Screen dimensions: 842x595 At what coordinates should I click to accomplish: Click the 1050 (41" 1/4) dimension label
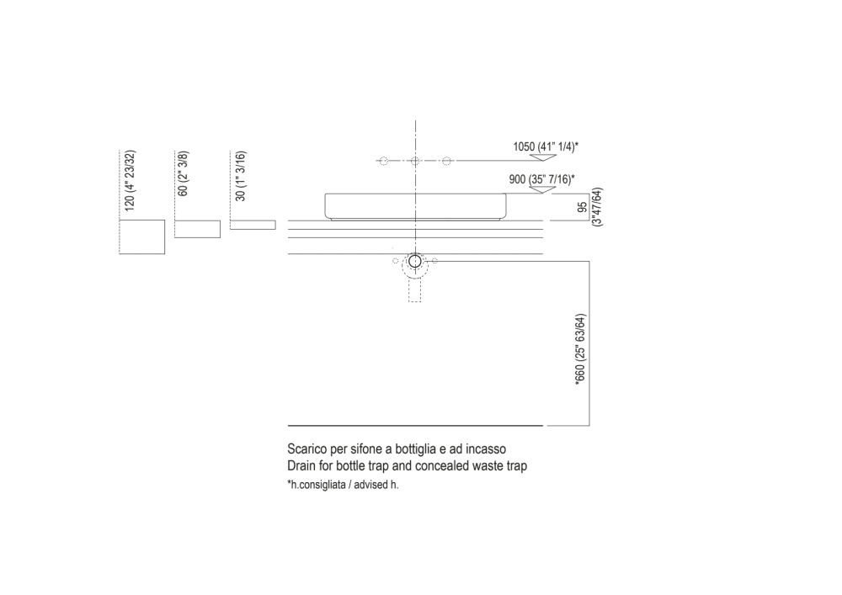click(545, 146)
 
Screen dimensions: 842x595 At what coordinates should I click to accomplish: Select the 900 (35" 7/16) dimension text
click(541, 178)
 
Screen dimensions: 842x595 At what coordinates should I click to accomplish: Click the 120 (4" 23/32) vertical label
click(129, 180)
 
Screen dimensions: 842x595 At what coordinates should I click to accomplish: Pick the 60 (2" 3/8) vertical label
click(183, 174)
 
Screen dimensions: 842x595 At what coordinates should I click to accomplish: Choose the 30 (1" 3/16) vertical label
click(240, 176)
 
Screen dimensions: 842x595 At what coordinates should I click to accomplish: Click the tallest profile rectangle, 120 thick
click(142, 237)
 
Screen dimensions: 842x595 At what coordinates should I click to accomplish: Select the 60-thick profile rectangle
click(197, 229)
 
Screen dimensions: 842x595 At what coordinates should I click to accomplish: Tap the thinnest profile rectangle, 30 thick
click(253, 224)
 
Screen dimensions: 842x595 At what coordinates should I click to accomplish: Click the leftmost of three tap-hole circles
click(382, 161)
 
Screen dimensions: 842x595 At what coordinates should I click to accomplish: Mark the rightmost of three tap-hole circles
click(447, 161)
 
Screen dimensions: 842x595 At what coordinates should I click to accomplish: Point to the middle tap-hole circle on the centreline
click(415, 161)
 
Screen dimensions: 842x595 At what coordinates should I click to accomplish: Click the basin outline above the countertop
click(416, 206)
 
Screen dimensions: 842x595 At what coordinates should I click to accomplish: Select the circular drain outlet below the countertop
click(414, 263)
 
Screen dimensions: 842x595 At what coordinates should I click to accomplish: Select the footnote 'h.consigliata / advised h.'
click(343, 486)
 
